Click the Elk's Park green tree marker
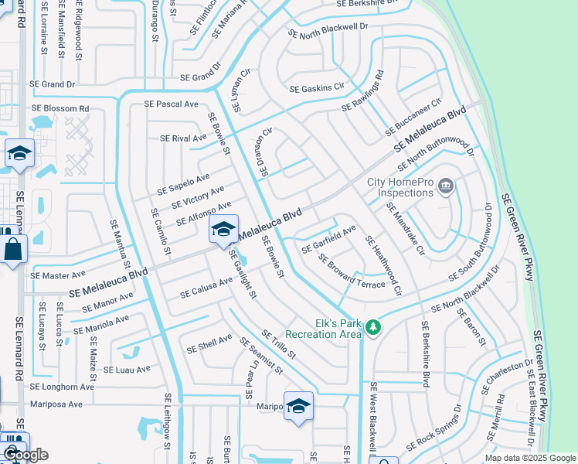373,329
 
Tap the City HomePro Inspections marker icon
445,186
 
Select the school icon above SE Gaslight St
223,230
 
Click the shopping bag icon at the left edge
14,250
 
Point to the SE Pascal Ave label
172,104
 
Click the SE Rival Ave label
183,138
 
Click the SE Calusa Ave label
206,288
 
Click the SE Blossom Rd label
60,109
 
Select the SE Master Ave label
58,275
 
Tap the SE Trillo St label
279,344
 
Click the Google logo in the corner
26,454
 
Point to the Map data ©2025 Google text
529,458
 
